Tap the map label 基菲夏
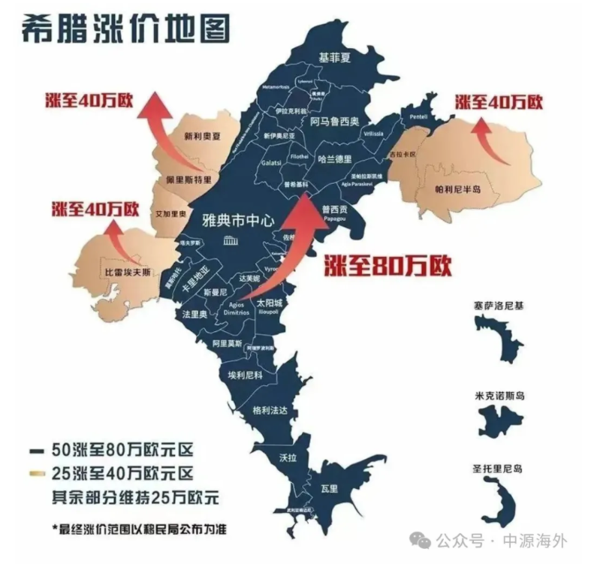pos(335,56)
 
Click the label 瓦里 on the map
pos(330,488)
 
